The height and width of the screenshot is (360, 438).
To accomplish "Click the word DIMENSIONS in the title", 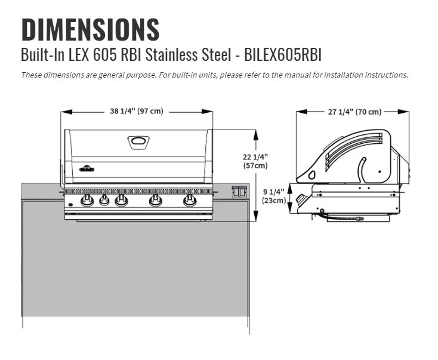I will [x=90, y=30].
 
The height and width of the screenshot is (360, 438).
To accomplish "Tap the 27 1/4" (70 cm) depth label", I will [x=353, y=112].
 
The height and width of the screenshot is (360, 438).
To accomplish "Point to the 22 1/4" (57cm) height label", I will [x=255, y=161].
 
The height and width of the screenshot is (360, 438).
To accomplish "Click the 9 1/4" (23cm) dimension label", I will [x=274, y=196].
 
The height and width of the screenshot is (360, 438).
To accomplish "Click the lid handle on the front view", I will [x=138, y=141].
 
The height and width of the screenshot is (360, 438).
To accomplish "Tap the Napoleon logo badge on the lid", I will [x=87, y=168].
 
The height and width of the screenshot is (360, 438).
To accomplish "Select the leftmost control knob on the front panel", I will [x=87, y=200].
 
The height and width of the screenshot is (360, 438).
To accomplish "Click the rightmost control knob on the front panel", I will [x=190, y=200].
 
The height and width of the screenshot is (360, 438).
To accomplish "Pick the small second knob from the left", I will [x=104, y=200].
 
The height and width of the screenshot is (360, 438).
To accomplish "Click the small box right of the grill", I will [x=238, y=192].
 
